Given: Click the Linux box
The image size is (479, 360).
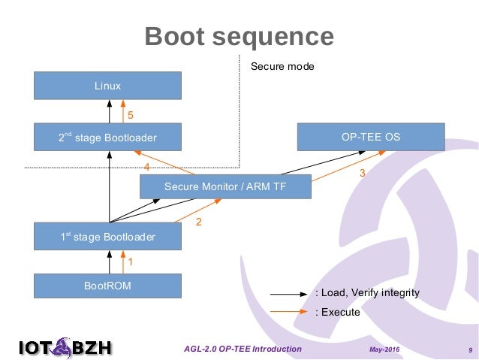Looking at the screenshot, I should [x=108, y=86].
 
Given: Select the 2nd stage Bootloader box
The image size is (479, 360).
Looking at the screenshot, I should [x=108, y=138].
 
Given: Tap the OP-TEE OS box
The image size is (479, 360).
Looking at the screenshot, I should [x=371, y=138].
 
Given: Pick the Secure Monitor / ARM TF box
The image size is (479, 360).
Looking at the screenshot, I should [x=225, y=186].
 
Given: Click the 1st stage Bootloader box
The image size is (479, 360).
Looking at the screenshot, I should [x=108, y=237].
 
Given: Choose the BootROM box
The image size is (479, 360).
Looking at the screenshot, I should [x=108, y=286].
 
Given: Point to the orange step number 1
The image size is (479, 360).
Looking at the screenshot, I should [x=130, y=262].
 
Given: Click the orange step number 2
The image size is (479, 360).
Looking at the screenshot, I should [x=199, y=222].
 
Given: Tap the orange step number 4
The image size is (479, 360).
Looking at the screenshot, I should [x=147, y=166].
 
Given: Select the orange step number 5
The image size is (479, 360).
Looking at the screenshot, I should [x=130, y=116].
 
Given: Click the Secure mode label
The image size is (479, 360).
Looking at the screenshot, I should [x=282, y=67].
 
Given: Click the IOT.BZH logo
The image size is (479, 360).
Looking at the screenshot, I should [x=65, y=347].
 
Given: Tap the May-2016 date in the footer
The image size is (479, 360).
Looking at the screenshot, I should [x=384, y=350].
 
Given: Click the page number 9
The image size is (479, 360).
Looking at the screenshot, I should [x=469, y=350].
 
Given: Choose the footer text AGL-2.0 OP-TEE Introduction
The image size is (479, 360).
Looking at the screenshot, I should [x=243, y=349].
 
